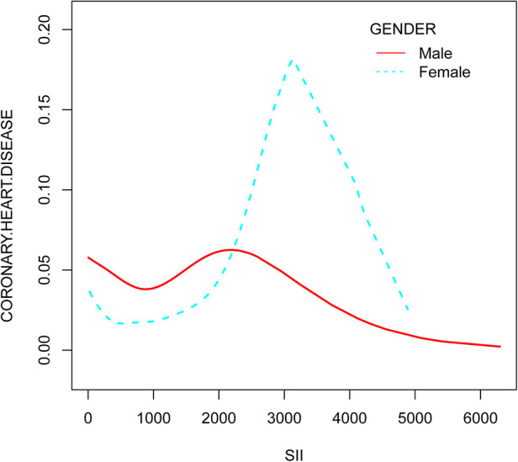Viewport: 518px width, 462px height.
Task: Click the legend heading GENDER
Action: [x=403, y=29]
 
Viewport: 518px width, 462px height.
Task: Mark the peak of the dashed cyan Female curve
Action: [x=291, y=61]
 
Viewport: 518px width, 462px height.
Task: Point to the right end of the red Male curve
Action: [x=500, y=347]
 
